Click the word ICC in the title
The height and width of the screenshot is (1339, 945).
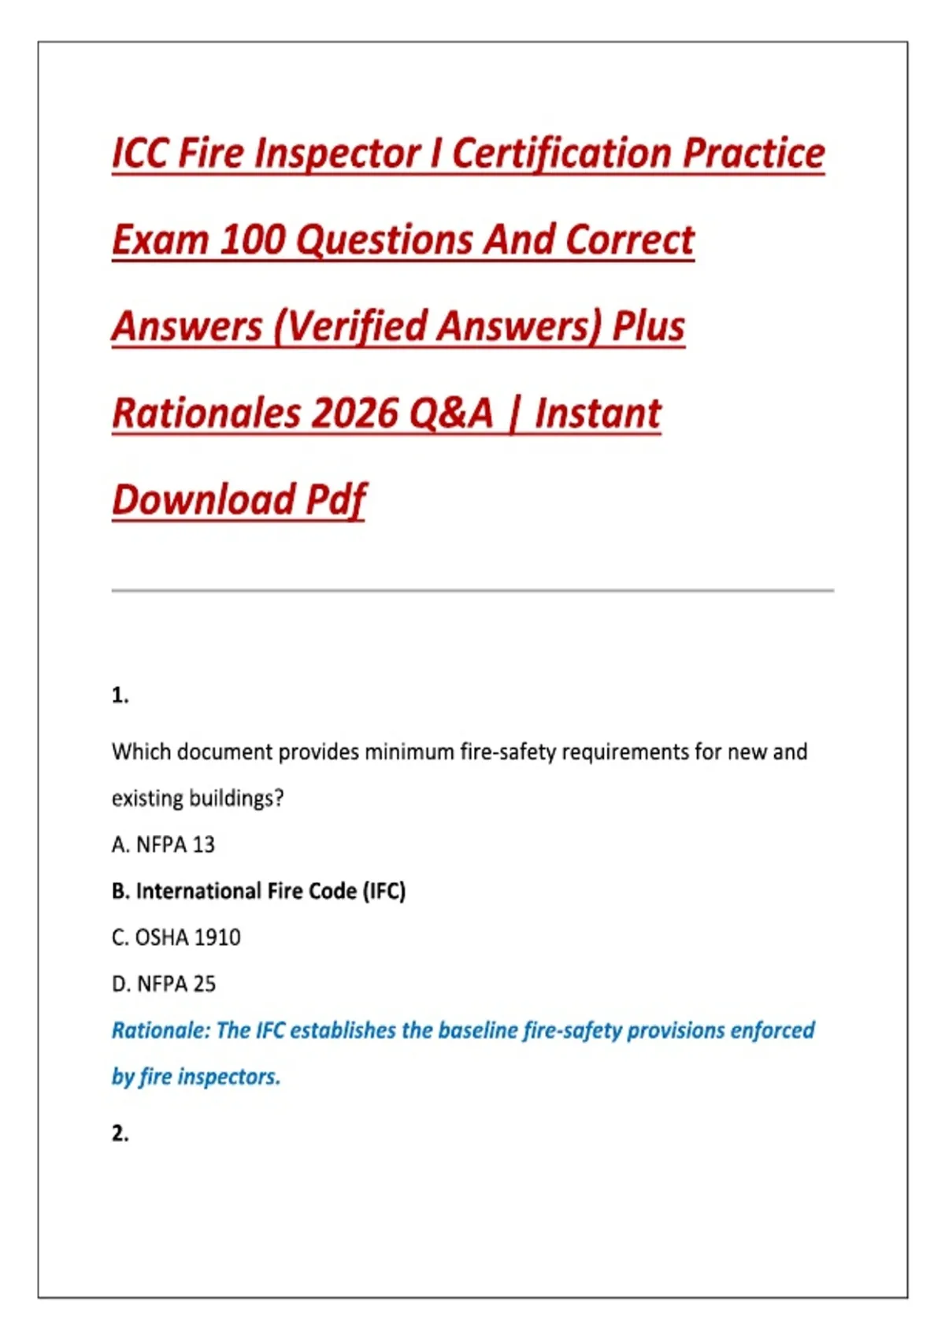[139, 153]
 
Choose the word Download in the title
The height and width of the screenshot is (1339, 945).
[203, 499]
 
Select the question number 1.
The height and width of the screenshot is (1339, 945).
[120, 695]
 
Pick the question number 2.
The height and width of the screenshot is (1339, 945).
[120, 1133]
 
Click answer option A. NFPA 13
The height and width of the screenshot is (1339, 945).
[163, 844]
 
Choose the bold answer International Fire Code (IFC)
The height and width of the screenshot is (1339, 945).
[259, 891]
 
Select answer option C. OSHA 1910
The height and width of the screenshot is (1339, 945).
[176, 937]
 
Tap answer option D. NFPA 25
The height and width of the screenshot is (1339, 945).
[164, 984]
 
